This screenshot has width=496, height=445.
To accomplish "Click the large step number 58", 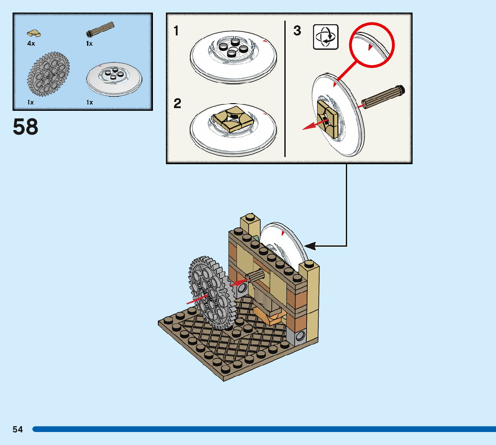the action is (26, 127).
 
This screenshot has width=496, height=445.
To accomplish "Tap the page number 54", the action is (18, 429).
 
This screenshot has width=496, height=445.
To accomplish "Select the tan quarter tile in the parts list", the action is (33, 33).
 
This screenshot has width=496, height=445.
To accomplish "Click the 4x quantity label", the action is (31, 44).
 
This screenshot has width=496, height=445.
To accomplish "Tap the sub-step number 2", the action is (178, 104).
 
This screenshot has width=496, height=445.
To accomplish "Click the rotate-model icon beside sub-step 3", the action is (326, 37).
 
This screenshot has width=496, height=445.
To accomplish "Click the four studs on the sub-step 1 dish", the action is (232, 48).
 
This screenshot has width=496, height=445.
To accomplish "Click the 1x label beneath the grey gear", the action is (30, 102).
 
